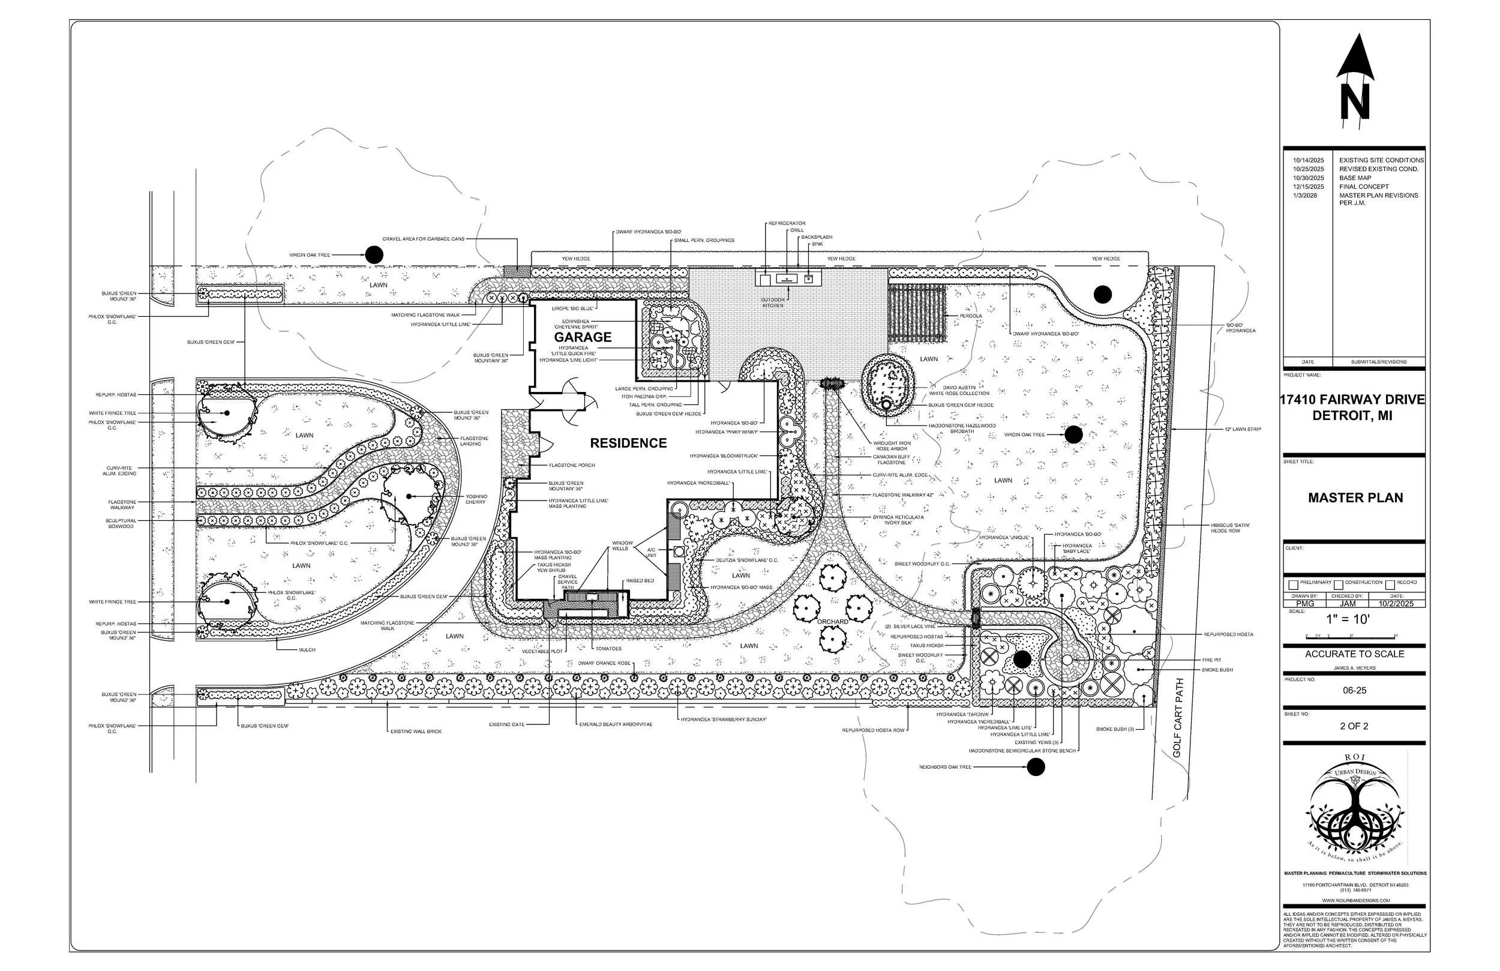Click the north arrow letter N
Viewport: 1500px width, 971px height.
pos(1355,102)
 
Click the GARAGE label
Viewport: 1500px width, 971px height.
pos(583,337)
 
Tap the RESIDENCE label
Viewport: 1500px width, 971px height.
pos(628,443)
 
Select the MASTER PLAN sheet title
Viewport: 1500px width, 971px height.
pos(1355,498)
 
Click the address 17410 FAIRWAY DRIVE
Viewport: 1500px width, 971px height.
pos(1352,400)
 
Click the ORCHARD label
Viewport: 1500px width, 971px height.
pos(833,622)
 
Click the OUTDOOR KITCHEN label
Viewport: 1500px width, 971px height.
pos(773,302)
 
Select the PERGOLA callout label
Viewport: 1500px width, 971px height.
pos(971,316)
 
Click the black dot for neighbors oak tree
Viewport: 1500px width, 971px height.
pos(1036,767)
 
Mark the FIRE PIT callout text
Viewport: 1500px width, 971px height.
pos(1211,660)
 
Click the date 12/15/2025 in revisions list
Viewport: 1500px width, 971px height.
pos(1309,187)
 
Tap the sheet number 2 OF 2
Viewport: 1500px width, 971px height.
pos(1354,726)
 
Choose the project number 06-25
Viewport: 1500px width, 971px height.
pos(1354,690)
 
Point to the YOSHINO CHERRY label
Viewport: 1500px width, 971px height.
pos(476,499)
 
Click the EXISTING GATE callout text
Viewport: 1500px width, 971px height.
pos(506,724)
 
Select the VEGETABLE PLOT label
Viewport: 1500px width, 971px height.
pos(542,651)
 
